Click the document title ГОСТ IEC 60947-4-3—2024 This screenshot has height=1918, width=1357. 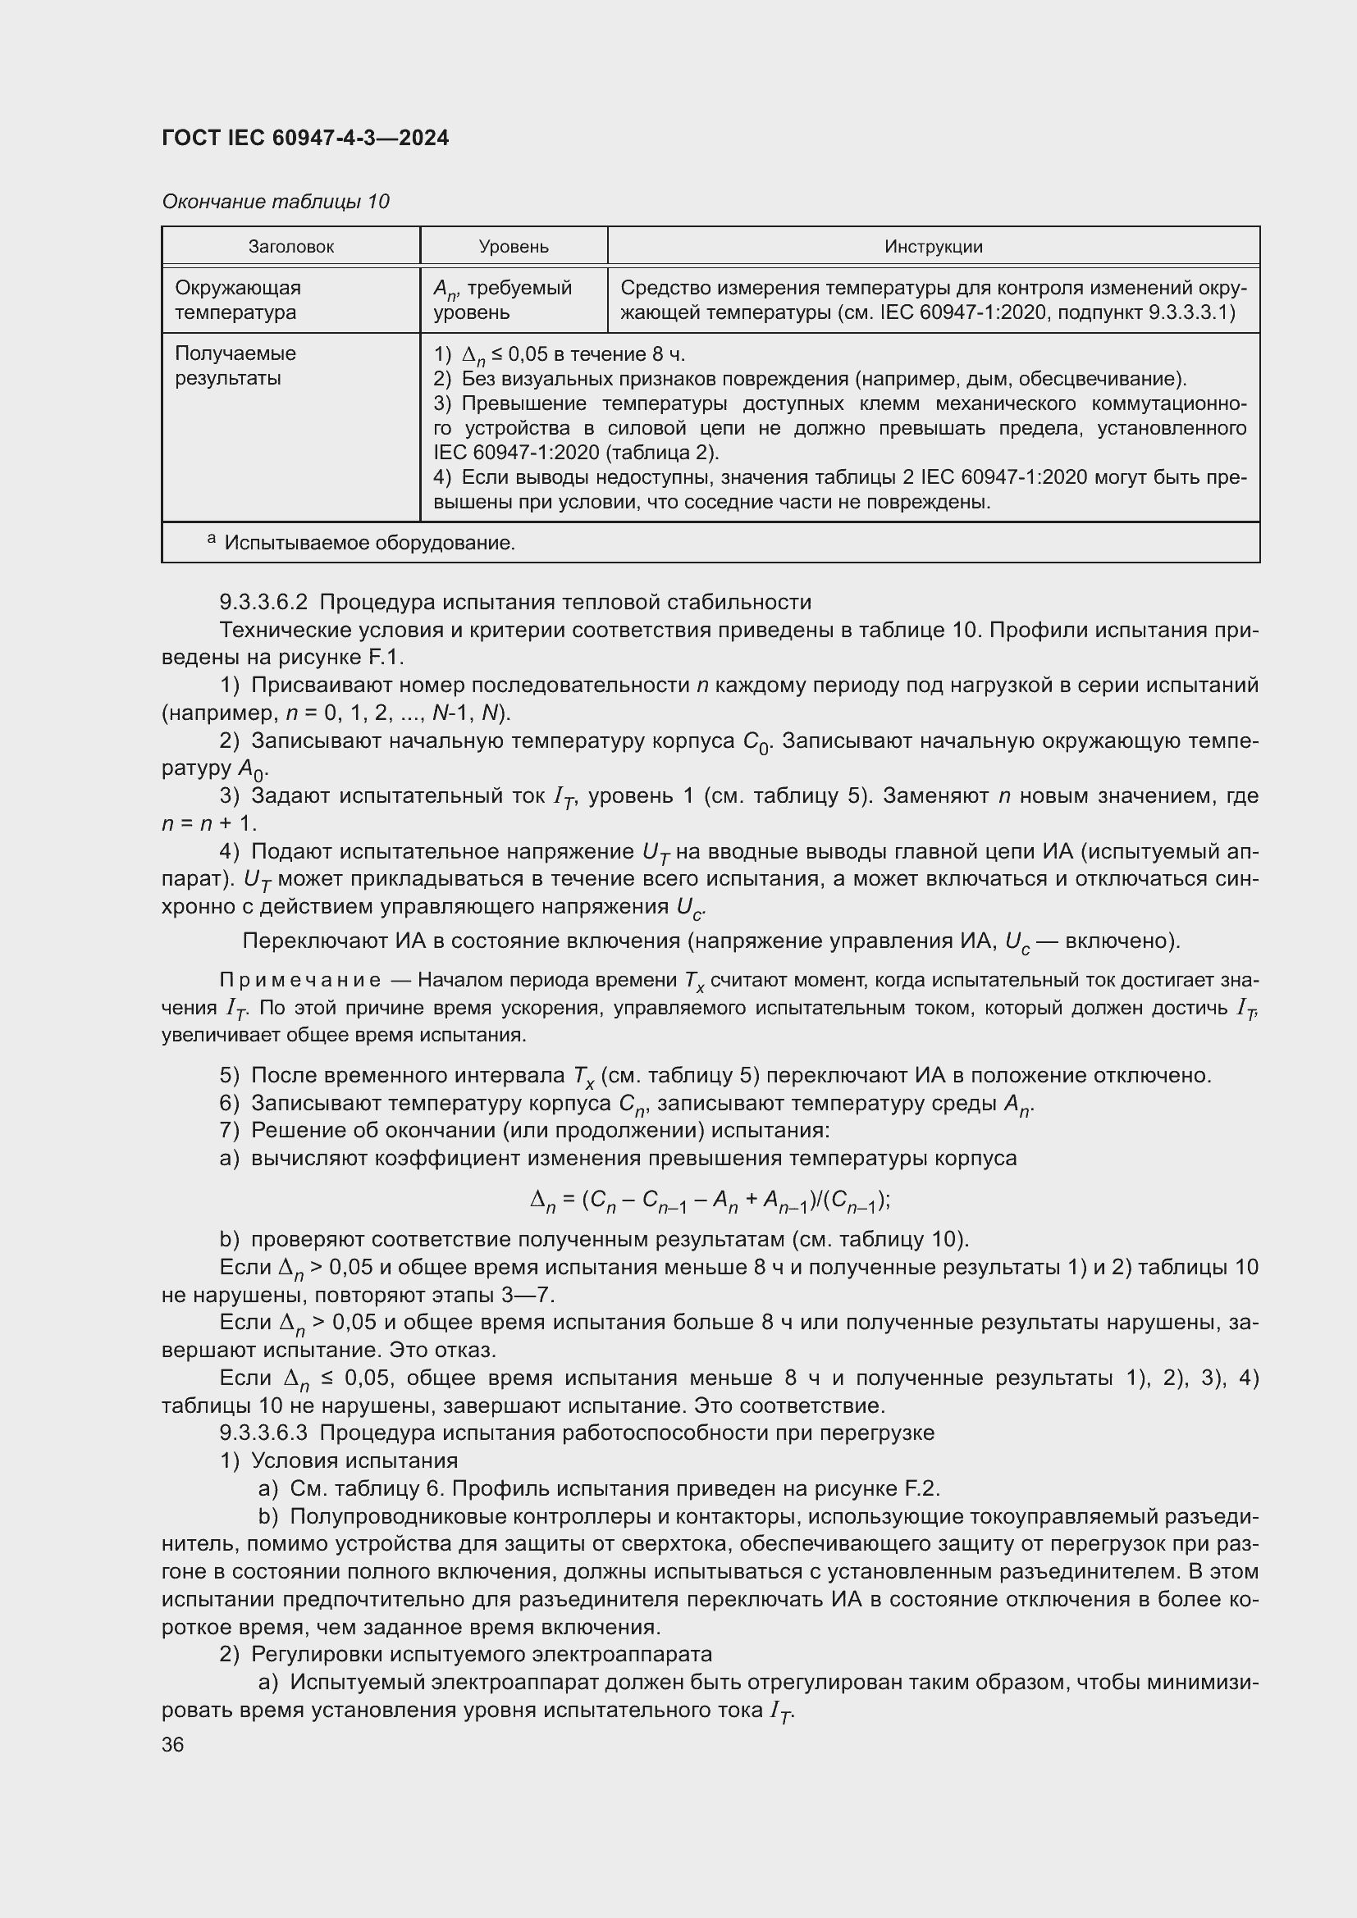tap(305, 138)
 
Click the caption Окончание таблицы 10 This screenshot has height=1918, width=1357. tap(275, 202)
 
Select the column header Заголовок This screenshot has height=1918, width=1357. tap(290, 247)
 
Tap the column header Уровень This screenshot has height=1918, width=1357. tap(513, 247)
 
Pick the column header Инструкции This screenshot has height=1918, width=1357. tap(933, 247)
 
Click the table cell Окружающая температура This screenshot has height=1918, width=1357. tap(238, 300)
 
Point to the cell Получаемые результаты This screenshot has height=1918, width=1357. tap(235, 366)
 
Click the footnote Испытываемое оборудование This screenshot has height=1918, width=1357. tap(368, 543)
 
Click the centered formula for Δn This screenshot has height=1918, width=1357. tap(710, 1200)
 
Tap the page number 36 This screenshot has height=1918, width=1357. tap(173, 1744)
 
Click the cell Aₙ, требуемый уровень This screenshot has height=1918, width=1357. tap(502, 300)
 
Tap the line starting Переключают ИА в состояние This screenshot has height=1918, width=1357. tap(710, 941)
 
